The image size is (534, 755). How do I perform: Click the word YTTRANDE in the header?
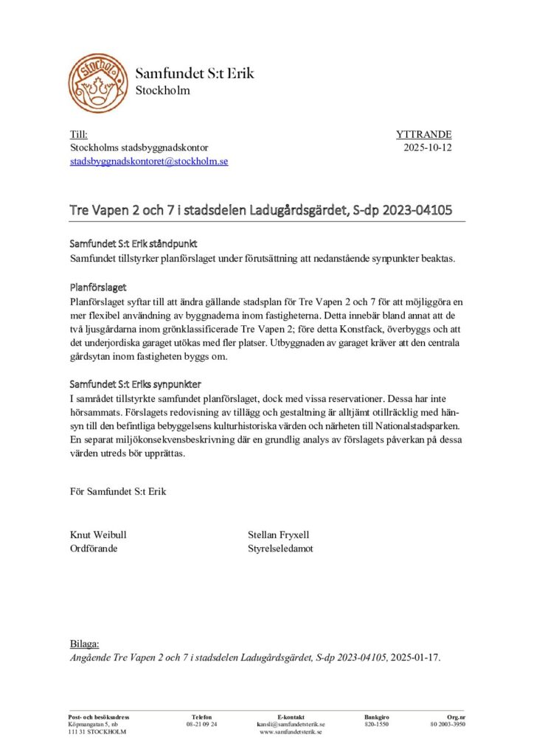coord(423,135)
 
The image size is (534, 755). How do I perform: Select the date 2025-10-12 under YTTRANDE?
coord(428,147)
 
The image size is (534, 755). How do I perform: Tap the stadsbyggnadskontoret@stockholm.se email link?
coord(149,161)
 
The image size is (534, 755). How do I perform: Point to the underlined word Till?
coord(78,135)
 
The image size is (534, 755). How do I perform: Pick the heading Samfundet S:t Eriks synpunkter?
coord(136,385)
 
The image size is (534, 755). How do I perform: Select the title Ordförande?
coord(94,549)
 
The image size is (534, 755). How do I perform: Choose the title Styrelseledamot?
coord(281,549)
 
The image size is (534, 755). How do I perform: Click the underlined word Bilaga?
coord(84,644)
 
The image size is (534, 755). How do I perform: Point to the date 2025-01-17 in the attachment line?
coord(415,657)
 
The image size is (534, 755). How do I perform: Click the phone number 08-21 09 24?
coord(201,725)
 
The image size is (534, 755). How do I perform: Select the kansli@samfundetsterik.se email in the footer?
coord(291,725)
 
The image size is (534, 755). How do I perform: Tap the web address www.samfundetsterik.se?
coord(291,732)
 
